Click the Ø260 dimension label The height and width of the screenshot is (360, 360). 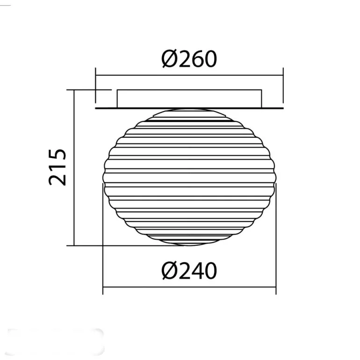[189, 59]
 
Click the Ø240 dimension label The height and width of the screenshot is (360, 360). [189, 270]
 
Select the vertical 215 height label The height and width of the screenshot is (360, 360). [57, 167]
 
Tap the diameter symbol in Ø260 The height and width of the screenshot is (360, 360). [170, 59]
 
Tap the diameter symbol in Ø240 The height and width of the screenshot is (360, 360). [170, 270]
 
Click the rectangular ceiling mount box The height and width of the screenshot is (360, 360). [189, 99]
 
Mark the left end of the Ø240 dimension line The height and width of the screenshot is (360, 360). [103, 287]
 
